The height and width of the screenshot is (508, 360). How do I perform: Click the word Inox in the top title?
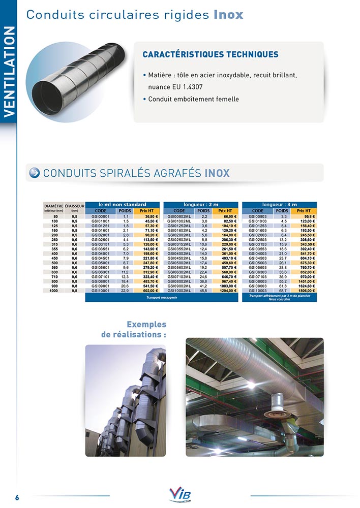point(228,15)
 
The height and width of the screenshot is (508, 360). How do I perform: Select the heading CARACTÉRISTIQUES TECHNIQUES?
point(210,54)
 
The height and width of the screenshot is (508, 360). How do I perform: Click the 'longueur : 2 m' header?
point(200,205)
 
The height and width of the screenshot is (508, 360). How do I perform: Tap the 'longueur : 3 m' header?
point(279,205)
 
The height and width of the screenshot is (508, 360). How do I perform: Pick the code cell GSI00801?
point(100,216)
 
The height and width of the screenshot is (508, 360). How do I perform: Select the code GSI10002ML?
point(179,291)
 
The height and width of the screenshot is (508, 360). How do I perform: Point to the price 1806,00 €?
point(305,291)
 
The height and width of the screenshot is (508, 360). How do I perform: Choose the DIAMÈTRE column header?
point(53,205)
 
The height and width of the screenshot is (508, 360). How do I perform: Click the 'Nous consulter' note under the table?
point(279,299)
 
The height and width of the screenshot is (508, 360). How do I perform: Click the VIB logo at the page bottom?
point(180,494)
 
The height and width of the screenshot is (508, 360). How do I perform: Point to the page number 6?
point(16,497)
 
